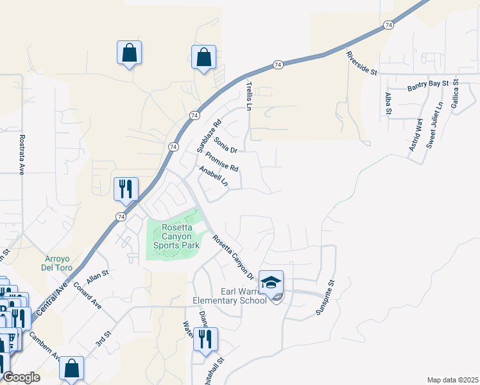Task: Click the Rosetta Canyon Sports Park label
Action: [172, 236]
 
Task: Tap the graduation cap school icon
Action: [271, 282]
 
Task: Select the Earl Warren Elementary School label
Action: [230, 296]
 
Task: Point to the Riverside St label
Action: [361, 63]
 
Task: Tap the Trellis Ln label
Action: [249, 94]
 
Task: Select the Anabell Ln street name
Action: [214, 176]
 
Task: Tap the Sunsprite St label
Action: [325, 296]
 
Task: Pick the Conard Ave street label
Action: [87, 295]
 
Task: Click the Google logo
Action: [21, 377]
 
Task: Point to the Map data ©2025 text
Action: [452, 380]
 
